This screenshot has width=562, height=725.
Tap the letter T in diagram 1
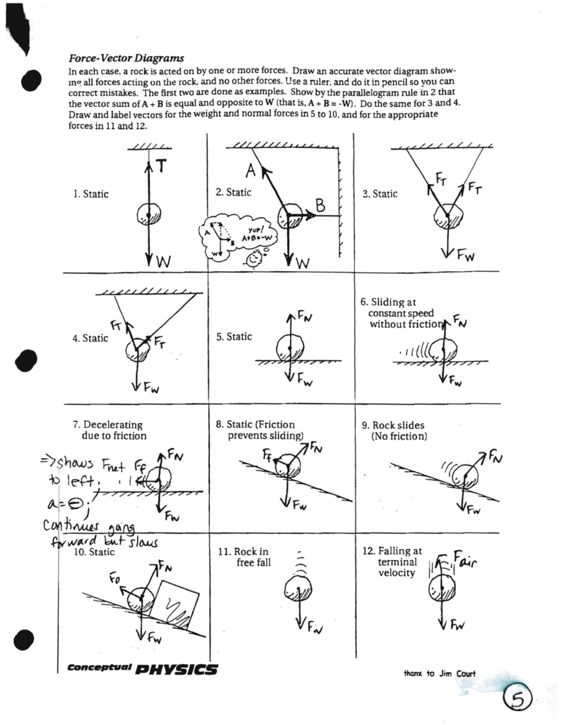coord(161,166)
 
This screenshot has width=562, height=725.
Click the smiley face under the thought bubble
coord(254,261)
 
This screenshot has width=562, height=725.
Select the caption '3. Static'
coord(380,194)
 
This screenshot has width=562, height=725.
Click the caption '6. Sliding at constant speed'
coord(402,313)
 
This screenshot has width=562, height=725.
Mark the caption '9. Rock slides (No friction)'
coord(399,430)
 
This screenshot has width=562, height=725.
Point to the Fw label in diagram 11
coord(315,627)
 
